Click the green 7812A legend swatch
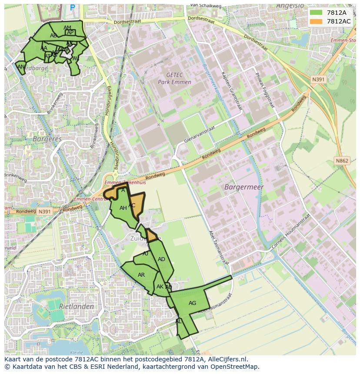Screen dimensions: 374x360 click(x=316, y=13)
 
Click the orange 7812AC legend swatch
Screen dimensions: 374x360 click(x=316, y=21)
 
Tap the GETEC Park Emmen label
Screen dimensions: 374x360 click(x=174, y=79)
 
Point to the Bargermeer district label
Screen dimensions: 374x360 click(x=244, y=187)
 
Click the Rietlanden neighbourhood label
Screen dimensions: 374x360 click(x=77, y=306)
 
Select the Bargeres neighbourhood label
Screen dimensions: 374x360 click(x=47, y=139)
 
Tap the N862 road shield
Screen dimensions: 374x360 click(x=342, y=161)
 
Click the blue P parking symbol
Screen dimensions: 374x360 click(x=72, y=7)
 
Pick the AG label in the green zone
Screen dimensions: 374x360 click(x=192, y=303)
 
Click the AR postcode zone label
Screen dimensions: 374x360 click(x=141, y=275)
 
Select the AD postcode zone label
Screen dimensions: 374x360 click(x=161, y=259)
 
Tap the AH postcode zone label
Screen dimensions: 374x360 click(x=123, y=208)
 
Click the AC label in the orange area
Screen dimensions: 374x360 click(x=132, y=205)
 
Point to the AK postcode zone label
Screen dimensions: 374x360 click(x=160, y=287)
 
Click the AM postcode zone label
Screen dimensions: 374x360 click(x=67, y=28)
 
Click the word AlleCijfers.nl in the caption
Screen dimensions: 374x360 click(x=224, y=359)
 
